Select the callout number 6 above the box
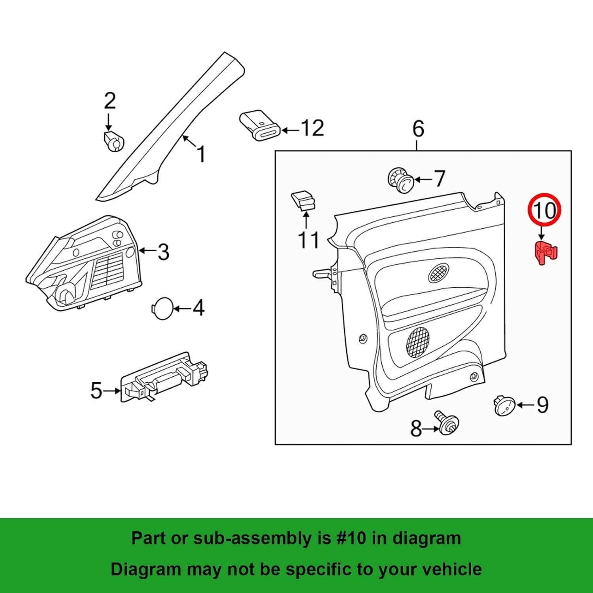pyautogui.click(x=418, y=129)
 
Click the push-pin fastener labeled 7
pyautogui.click(x=400, y=179)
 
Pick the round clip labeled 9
pyautogui.click(x=504, y=406)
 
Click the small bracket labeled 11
pyautogui.click(x=304, y=200)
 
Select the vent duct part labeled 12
pyautogui.click(x=259, y=125)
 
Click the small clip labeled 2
pyautogui.click(x=113, y=141)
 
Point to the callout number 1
pyautogui.click(x=201, y=154)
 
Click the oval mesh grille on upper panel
pyautogui.click(x=438, y=273)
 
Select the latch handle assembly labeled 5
pyautogui.click(x=164, y=378)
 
